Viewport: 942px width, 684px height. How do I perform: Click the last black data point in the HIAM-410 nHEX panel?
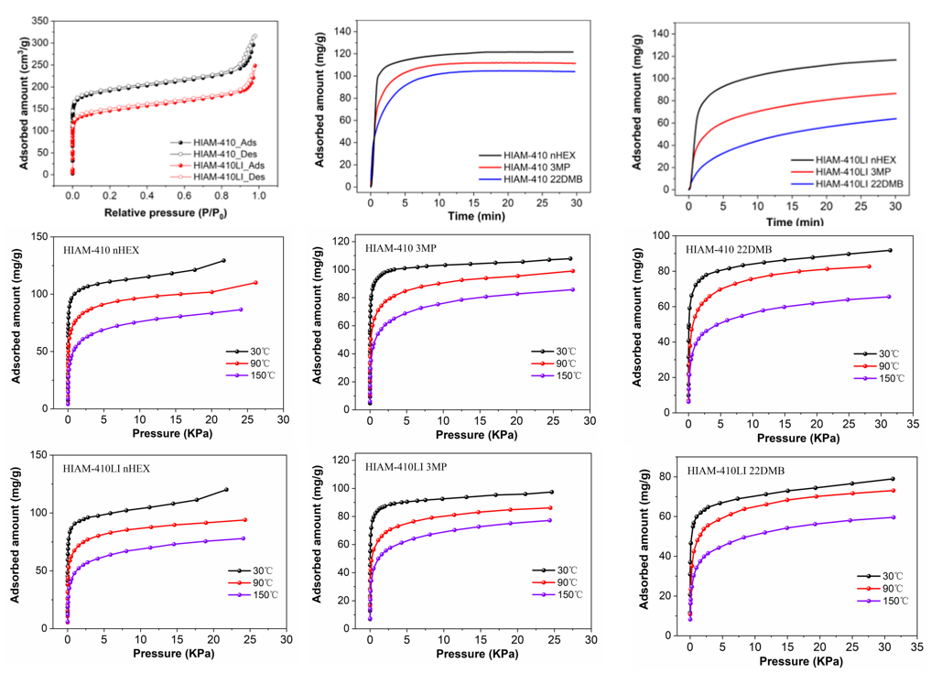223,260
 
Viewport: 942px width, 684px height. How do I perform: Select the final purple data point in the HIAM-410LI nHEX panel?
243,538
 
